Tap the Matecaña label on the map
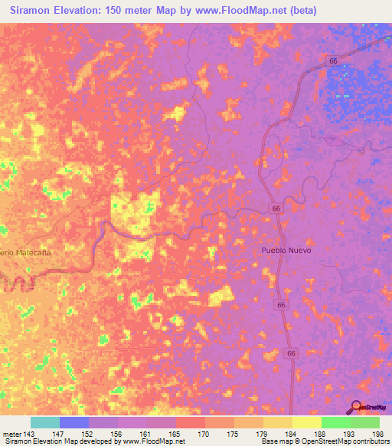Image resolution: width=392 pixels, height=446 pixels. pos(33,251)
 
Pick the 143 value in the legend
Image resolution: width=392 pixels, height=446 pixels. pos(31,434)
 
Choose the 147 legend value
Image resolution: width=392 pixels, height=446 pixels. pos(60,434)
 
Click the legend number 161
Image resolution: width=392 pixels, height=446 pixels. pos(147,434)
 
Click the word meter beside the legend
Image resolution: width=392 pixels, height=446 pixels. pos(11,434)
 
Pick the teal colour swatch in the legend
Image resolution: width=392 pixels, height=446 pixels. pos(45,422)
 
